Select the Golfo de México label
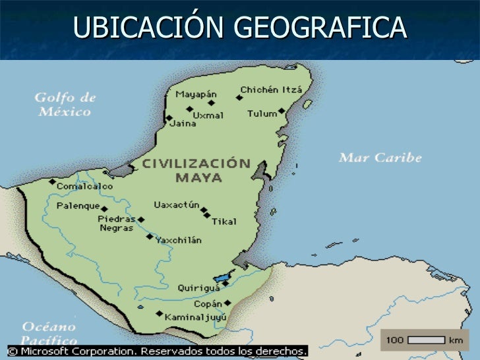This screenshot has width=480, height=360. (65, 104)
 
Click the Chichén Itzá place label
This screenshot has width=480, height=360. (271, 90)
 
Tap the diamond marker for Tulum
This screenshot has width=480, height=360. (282, 111)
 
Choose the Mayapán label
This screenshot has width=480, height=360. (196, 93)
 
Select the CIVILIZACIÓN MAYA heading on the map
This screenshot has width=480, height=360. (198, 170)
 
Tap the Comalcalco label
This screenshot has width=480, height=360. (84, 187)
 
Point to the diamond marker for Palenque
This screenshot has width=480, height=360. (104, 209)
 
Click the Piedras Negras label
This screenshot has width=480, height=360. (116, 223)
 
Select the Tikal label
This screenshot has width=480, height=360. (224, 222)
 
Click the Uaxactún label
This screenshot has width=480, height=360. (176, 205)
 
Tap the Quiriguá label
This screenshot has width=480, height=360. (197, 287)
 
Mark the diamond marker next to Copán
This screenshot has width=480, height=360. (227, 303)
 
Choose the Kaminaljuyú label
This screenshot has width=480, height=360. (196, 317)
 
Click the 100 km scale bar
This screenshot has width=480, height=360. (426, 340)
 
